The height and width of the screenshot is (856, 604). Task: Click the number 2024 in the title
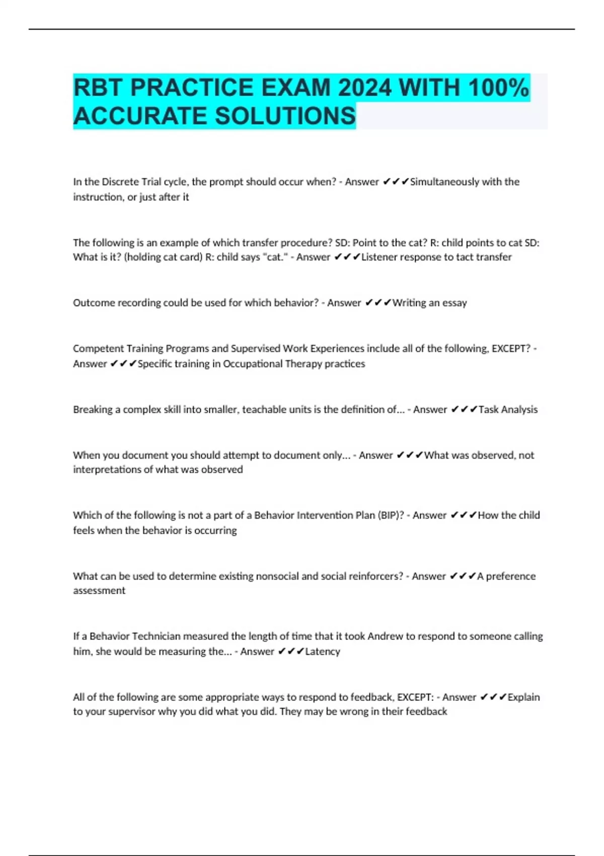pos(364,88)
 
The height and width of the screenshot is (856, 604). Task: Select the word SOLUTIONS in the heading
pos(285,116)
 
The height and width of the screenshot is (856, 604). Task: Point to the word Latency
pos(323,652)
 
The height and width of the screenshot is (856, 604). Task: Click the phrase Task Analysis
pos(508,409)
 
